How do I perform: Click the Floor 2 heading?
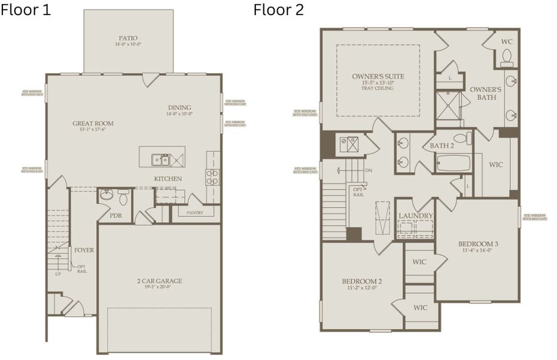278,10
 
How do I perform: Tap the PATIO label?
128,38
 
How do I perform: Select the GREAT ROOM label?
93,124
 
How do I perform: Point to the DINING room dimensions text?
180,114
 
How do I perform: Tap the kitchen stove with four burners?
212,176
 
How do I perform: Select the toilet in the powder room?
124,196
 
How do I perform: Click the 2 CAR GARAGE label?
159,280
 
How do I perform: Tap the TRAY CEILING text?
377,88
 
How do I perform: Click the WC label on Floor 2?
507,42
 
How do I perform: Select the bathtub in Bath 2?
453,163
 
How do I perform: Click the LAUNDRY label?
416,216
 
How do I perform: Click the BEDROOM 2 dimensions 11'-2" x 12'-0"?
362,289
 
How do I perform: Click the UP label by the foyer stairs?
58,274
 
